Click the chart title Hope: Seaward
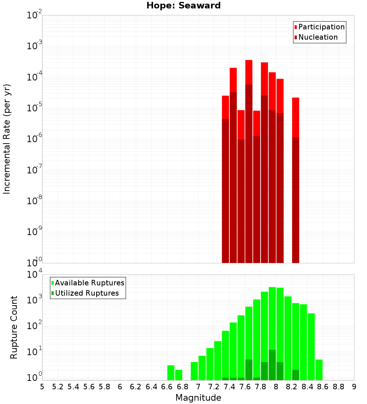pos(183,6)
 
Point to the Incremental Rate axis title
pos(7,139)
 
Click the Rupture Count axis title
pos(14,327)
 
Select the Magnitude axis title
pos(198,398)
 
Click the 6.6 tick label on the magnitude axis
pos(167,387)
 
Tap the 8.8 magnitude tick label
pos(338,387)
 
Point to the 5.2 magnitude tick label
pos(58,387)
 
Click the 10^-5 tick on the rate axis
pos(34,108)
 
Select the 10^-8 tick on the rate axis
pos(34,201)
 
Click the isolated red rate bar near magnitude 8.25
pos(296,180)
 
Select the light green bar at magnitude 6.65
pos(171,372)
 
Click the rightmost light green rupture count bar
pos(319,369)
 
